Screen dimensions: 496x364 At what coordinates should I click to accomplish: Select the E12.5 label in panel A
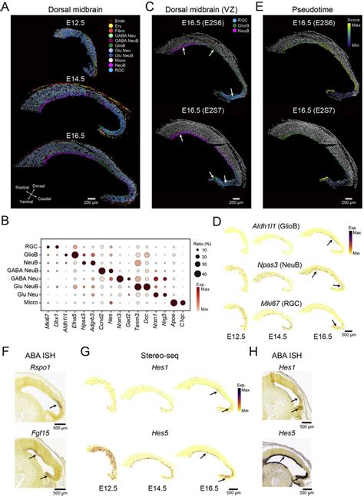[79, 32]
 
